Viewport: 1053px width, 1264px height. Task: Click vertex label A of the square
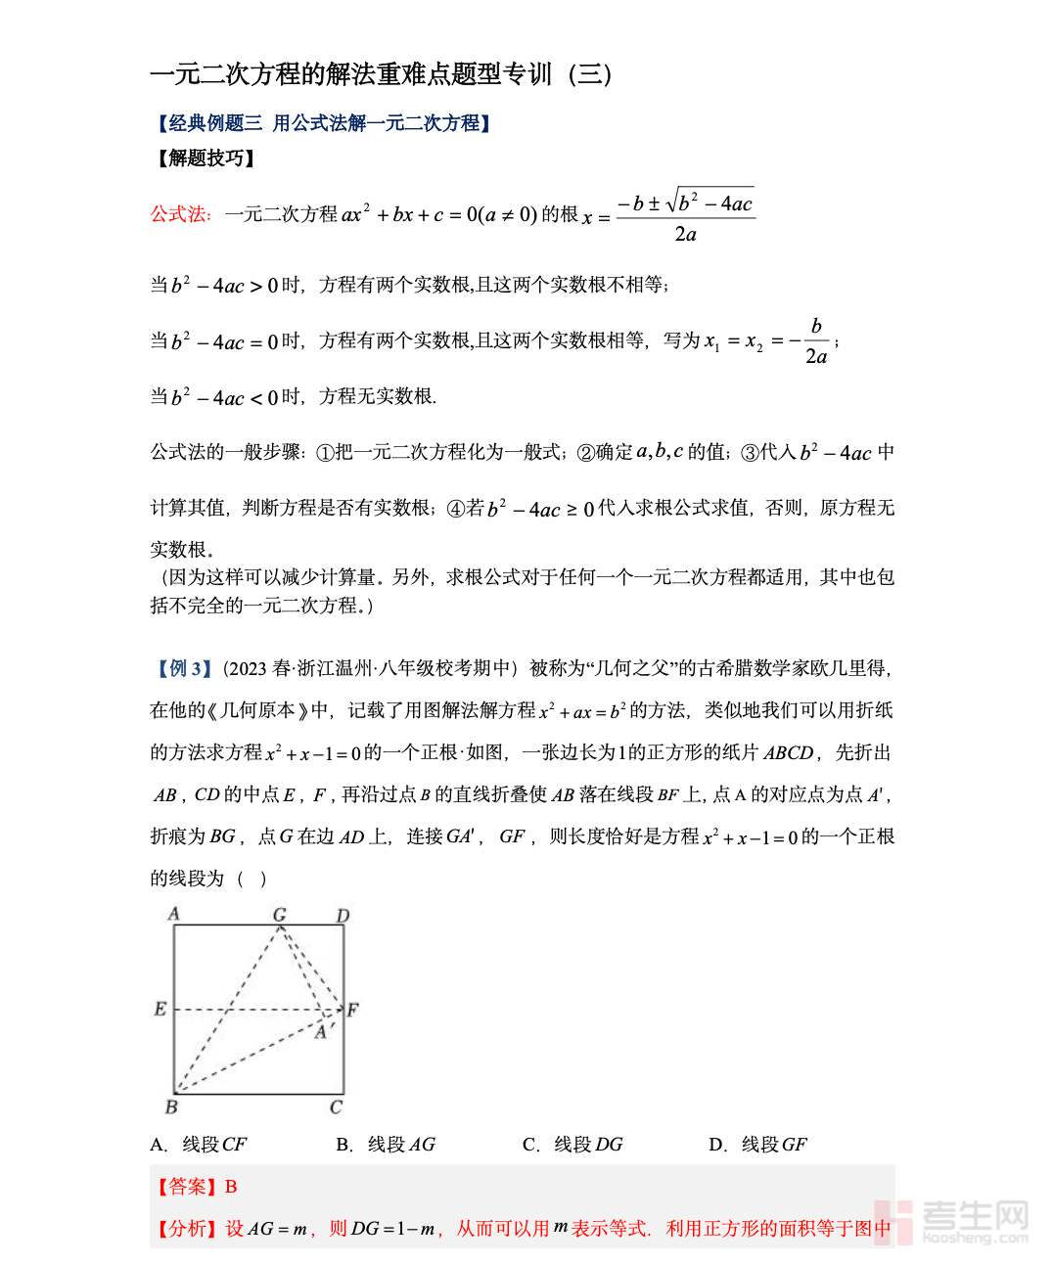174,914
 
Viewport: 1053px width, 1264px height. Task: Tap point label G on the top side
280,915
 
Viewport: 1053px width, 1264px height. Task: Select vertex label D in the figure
343,916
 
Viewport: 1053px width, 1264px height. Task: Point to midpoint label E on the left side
160,1009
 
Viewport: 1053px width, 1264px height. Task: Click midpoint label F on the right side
353,1010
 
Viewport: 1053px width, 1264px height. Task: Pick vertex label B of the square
171,1107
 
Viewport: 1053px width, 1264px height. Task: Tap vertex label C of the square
337,1107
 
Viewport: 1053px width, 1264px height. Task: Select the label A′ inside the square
324,1032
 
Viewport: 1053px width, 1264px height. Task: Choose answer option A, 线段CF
199,1145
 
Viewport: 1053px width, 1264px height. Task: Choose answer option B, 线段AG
386,1145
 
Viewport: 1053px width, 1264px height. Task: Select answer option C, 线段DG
572,1145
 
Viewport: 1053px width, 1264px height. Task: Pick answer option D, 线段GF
758,1145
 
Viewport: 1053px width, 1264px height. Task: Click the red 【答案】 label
186,1187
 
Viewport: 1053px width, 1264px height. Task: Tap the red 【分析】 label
186,1229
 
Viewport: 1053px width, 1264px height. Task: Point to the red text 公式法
180,214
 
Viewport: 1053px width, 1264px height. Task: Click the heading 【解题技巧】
205,158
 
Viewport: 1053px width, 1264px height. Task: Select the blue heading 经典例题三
216,123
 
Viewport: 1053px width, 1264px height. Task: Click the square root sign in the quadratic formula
674,202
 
